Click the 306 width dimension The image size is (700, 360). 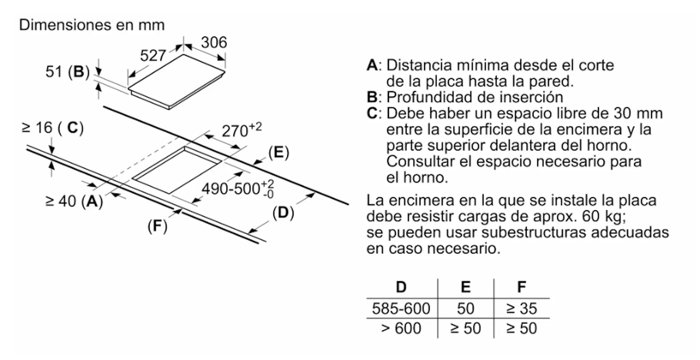[214, 42]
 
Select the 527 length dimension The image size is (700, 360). [153, 55]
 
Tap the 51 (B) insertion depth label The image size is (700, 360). [68, 72]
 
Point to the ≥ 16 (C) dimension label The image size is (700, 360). [52, 128]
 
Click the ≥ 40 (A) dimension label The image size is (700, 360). [74, 201]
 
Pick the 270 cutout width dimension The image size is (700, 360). [242, 130]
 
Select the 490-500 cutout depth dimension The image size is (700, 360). [238, 189]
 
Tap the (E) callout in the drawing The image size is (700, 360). [279, 153]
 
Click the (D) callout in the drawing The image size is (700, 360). [283, 213]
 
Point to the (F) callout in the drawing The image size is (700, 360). [157, 226]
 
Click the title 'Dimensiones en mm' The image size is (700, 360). [92, 25]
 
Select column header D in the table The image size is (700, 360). [401, 287]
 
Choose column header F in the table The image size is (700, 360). [521, 287]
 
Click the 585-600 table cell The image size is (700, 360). [401, 309]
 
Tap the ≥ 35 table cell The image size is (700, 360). [521, 309]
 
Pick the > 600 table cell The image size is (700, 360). [401, 328]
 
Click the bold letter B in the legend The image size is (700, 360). [372, 97]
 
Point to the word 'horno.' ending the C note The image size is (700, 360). [417, 178]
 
